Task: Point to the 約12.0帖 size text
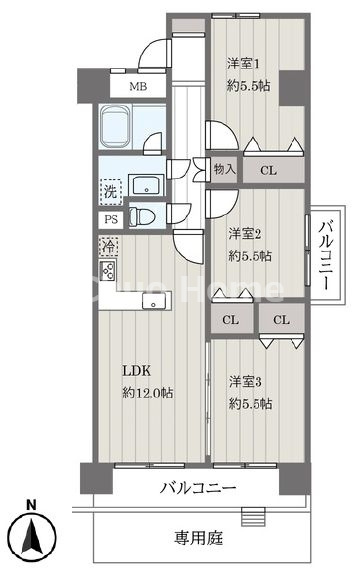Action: click(x=147, y=393)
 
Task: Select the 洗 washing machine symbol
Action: click(x=109, y=187)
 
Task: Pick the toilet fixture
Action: click(x=147, y=217)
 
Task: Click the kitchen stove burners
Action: click(x=108, y=271)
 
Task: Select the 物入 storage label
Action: click(x=224, y=169)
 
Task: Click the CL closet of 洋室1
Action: click(x=268, y=170)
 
